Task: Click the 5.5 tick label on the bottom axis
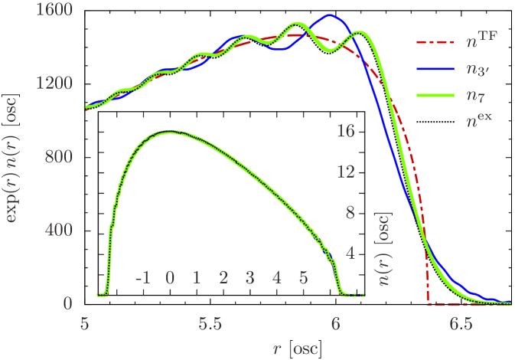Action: [210, 325]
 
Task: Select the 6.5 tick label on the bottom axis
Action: [461, 325]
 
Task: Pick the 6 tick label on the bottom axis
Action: [335, 325]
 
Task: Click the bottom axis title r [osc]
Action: [298, 348]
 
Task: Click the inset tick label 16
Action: [345, 131]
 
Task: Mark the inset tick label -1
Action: [142, 277]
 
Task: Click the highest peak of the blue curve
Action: [330, 15]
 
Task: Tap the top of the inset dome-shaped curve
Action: [170, 132]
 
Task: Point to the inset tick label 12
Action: [345, 172]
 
